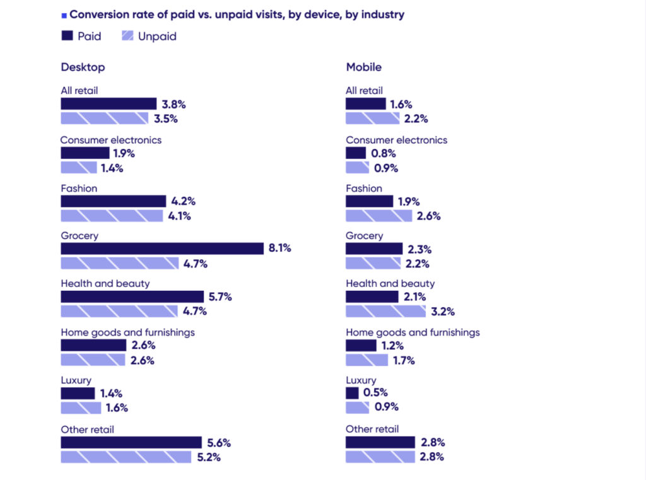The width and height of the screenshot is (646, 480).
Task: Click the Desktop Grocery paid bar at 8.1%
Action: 162,249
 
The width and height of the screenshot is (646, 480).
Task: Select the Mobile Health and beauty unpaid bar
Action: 385,311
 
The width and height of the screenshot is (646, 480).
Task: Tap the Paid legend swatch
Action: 67,36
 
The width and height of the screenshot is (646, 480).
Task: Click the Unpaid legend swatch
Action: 127,36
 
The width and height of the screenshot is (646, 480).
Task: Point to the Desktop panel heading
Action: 83,67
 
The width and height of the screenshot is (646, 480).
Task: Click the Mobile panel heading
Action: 363,67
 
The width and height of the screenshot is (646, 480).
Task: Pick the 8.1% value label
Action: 279,249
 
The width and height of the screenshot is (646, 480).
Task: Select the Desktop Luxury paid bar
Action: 78,394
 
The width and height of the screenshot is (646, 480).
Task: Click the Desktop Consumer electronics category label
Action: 111,140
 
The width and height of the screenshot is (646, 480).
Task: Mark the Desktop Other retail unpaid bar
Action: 126,457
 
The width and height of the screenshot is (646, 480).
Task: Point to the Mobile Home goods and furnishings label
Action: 413,332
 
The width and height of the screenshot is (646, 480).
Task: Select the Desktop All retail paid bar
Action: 109,104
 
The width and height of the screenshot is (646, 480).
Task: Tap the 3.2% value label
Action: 443,312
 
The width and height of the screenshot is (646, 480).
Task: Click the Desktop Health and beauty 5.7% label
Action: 220,296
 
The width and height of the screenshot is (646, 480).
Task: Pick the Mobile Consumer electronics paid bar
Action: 356,153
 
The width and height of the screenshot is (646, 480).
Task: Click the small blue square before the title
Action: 64,15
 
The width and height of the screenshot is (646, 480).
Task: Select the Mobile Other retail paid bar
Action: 380,442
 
